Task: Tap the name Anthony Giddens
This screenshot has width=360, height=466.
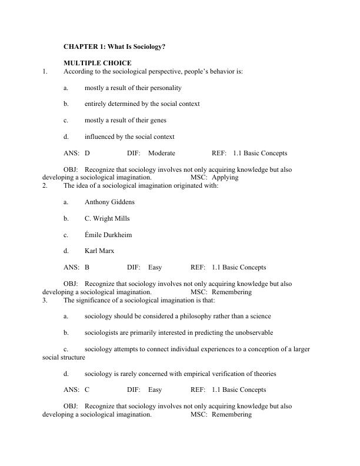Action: [109, 202]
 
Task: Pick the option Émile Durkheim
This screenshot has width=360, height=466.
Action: [108, 235]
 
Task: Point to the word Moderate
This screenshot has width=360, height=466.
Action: [162, 153]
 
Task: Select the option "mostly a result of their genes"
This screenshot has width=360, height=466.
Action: [125, 120]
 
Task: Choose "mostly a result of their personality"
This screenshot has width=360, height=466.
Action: [133, 88]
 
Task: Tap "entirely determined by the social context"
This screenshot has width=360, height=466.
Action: [142, 104]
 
